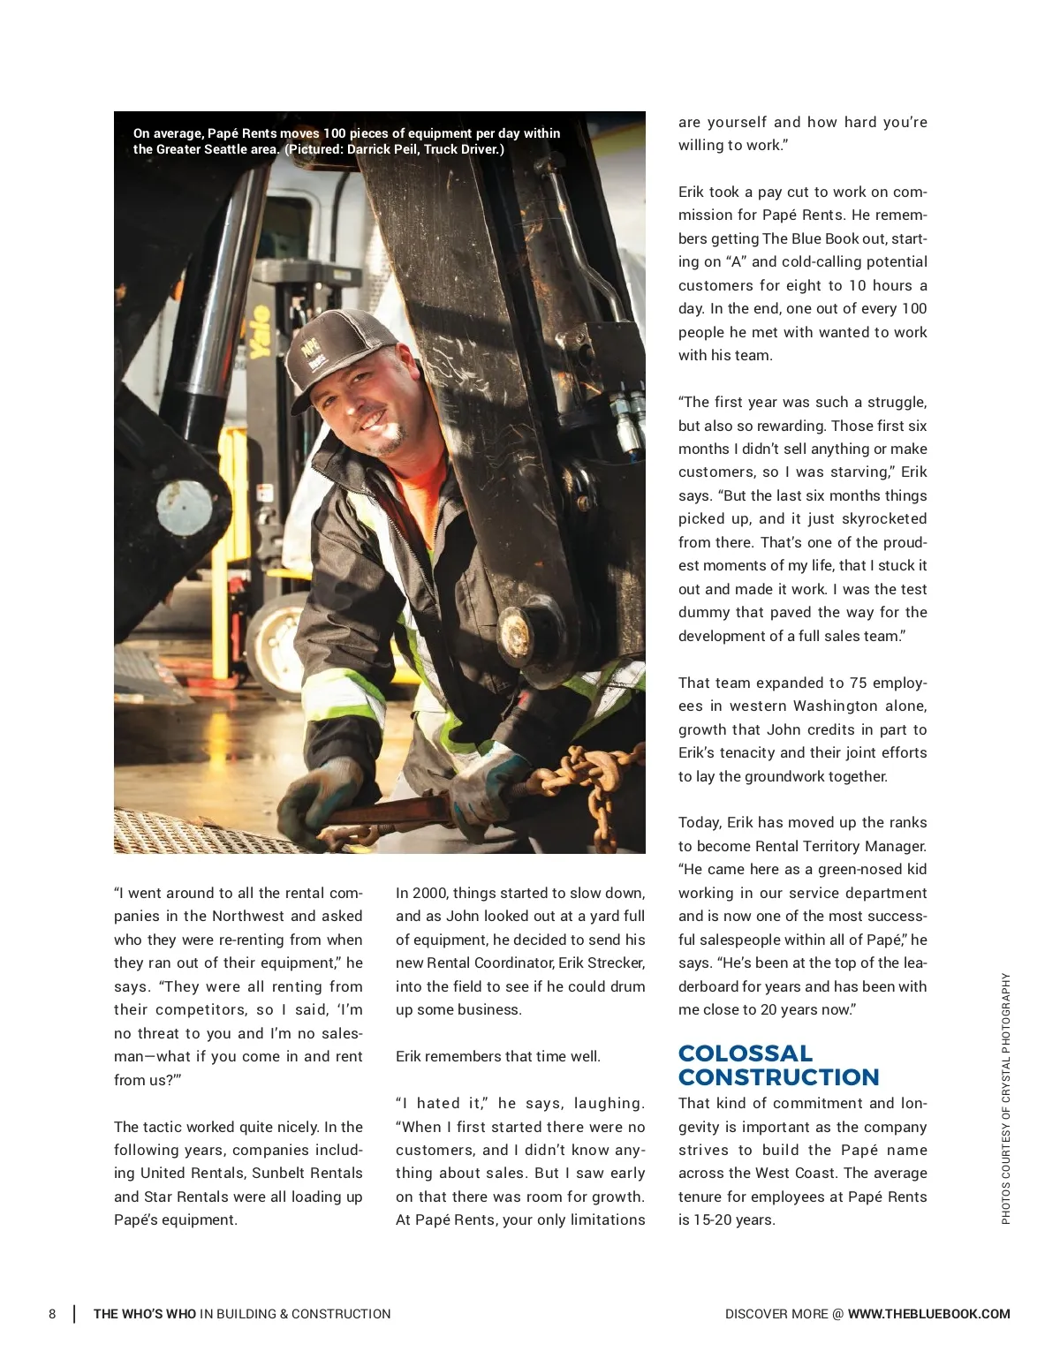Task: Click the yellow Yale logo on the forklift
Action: point(259,331)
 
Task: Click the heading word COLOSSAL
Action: point(745,1053)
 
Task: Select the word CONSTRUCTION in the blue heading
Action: point(778,1077)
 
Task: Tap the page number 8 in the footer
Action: point(52,1314)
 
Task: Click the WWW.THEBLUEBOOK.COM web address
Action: point(928,1314)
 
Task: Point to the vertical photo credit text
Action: point(1005,1098)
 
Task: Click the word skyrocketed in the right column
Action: point(880,518)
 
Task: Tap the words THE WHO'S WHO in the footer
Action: point(144,1314)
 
